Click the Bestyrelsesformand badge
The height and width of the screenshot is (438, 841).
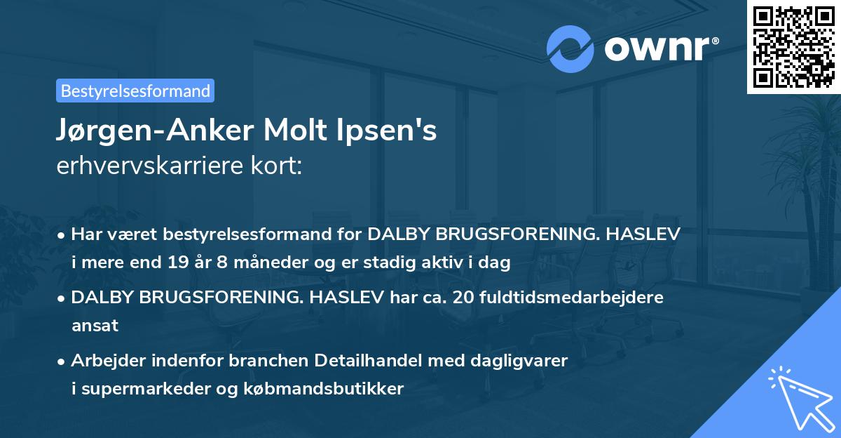135,91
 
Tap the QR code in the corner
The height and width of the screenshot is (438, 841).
793,46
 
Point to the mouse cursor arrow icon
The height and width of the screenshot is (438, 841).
800,398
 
